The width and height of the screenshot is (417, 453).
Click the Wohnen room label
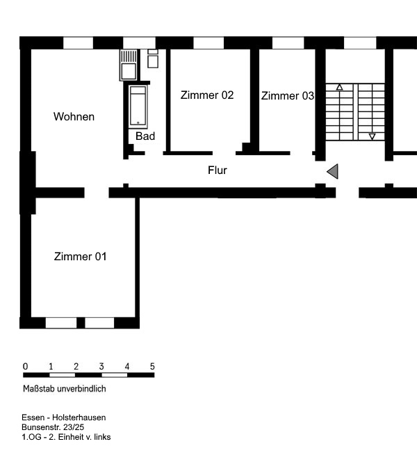click(74, 117)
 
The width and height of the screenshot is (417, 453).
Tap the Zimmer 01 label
click(80, 257)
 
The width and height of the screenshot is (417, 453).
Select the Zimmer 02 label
click(207, 95)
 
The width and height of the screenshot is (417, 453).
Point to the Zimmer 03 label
click(288, 96)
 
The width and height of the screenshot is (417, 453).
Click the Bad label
click(145, 136)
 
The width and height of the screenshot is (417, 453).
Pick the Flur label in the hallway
click(218, 170)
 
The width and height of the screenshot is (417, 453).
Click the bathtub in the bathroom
click(138, 106)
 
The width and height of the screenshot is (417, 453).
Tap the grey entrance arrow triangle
click(332, 171)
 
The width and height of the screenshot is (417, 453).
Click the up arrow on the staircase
click(340, 87)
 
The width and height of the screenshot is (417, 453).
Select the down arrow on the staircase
click(373, 136)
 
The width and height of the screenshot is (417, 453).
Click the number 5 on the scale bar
click(152, 366)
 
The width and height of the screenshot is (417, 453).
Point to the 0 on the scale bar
click(26, 366)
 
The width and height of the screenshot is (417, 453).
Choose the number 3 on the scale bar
click(101, 366)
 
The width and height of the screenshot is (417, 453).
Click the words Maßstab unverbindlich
click(65, 388)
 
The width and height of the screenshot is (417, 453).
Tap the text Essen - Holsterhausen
click(64, 418)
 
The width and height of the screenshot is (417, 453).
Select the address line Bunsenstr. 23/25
click(53, 427)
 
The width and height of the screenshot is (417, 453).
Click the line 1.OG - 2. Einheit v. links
click(66, 437)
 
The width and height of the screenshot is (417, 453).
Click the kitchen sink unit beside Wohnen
click(129, 65)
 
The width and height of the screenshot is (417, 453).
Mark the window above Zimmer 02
click(208, 43)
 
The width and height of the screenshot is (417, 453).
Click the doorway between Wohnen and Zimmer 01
click(97, 193)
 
